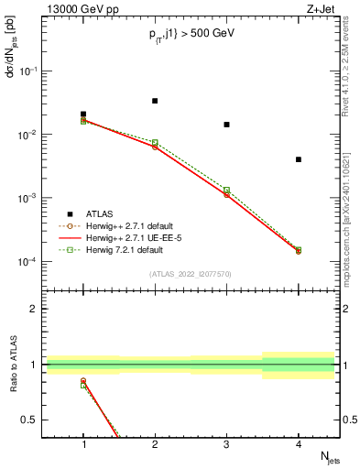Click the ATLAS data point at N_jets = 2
click(x=155, y=101)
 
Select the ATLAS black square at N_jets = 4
click(x=299, y=159)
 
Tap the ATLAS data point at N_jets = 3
click(x=226, y=125)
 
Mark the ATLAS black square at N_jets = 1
click(x=83, y=115)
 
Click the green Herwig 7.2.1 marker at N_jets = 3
click(x=226, y=190)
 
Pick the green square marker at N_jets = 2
click(x=155, y=142)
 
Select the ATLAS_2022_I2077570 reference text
click(x=191, y=274)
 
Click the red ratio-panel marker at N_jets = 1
click(x=83, y=381)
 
